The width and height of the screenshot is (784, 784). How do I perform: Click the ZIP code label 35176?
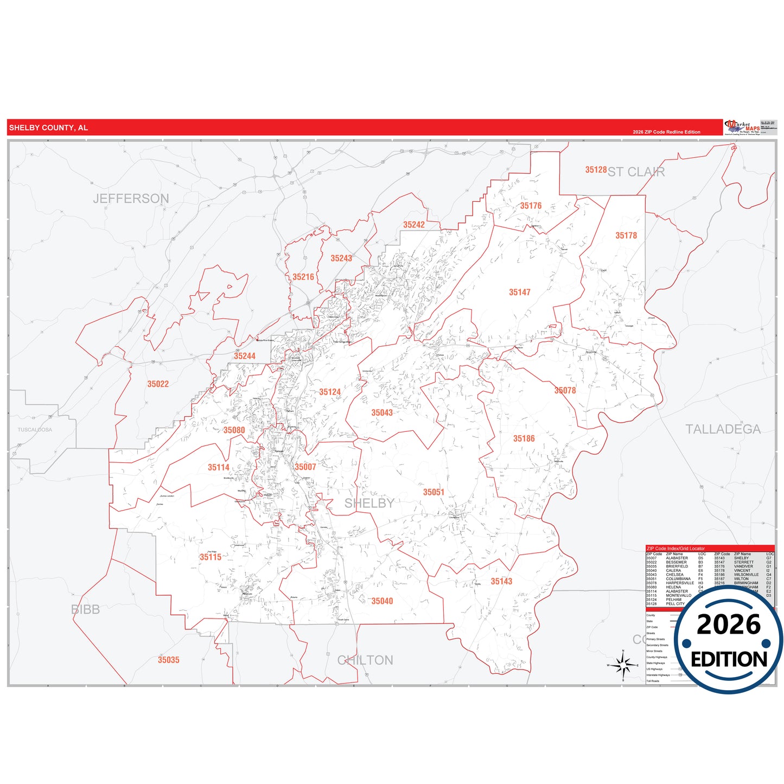click(x=531, y=206)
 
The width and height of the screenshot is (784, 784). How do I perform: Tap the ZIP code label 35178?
click(x=626, y=235)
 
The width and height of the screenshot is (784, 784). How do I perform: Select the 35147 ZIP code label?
click(x=519, y=292)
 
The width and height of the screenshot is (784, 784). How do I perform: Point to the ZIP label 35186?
click(x=524, y=439)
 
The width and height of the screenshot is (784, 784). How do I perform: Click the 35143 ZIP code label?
click(x=501, y=582)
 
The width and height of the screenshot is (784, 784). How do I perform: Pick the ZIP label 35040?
click(x=382, y=601)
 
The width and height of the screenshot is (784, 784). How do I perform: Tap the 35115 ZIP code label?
click(x=211, y=557)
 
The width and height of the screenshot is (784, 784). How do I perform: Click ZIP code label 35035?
click(x=168, y=660)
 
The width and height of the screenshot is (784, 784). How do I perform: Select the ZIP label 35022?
click(x=158, y=384)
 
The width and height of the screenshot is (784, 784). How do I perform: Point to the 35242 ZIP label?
click(x=413, y=225)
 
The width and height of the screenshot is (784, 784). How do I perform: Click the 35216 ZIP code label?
click(x=303, y=277)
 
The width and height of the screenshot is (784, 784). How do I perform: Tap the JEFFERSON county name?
click(x=131, y=199)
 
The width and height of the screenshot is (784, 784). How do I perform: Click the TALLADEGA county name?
click(x=723, y=429)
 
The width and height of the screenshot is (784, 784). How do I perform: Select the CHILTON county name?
click(x=365, y=660)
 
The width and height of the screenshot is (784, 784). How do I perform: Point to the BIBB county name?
click(x=86, y=609)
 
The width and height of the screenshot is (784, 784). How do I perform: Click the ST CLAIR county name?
click(x=636, y=172)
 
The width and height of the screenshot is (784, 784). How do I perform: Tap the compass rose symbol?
click(x=623, y=665)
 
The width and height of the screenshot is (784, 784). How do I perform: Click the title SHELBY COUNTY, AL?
click(x=48, y=128)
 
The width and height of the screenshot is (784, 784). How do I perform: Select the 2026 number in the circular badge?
click(x=728, y=625)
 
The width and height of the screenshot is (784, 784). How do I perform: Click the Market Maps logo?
click(x=742, y=128)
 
